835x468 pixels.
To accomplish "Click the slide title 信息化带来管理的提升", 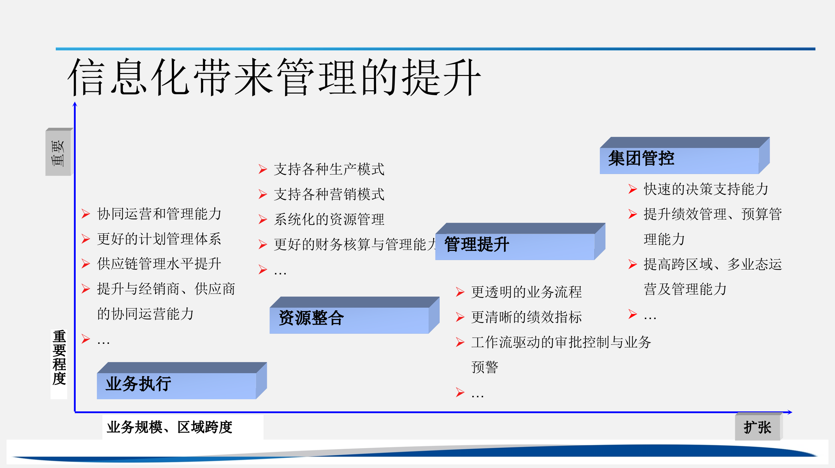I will click(274, 78).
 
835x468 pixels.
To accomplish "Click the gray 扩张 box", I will click(757, 427).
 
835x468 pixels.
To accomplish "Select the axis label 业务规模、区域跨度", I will click(169, 427).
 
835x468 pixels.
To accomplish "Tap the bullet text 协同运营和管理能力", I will click(159, 214).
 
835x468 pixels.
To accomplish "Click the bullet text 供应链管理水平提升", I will click(159, 264).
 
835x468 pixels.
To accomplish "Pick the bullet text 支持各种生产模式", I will click(329, 169).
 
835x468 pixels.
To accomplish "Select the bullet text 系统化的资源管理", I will click(329, 219).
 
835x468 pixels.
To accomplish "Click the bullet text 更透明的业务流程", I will click(526, 292).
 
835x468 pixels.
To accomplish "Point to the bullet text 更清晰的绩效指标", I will click(526, 317).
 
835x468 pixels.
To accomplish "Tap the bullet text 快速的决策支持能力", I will click(706, 189).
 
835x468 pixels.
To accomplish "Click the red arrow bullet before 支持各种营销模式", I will click(263, 194).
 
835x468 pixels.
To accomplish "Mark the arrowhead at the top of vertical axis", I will click(75, 104).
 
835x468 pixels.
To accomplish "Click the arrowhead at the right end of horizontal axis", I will click(790, 412).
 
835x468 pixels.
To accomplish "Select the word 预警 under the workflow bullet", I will click(485, 367).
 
